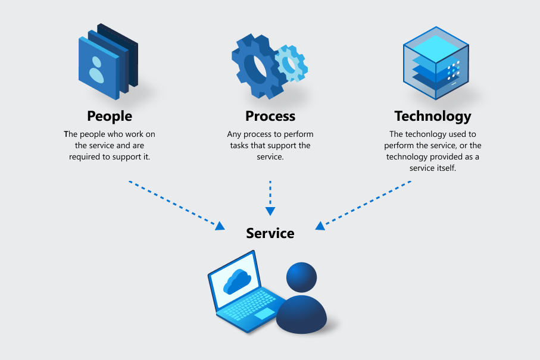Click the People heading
(x=110, y=116)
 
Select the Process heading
(x=270, y=116)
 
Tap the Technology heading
(x=432, y=116)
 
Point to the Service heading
(x=270, y=233)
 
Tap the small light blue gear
(x=292, y=63)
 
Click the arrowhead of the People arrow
(x=220, y=226)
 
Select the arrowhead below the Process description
(x=270, y=211)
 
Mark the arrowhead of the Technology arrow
(x=320, y=226)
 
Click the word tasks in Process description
(x=238, y=146)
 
